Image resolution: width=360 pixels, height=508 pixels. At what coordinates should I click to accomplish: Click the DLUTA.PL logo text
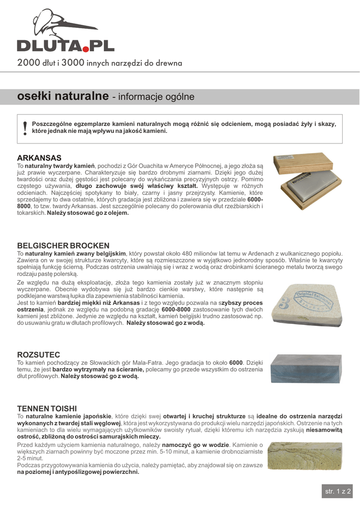(66, 46)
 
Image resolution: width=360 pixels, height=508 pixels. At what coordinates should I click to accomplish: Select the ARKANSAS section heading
(39, 158)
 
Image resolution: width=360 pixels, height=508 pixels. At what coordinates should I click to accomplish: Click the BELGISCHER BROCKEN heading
(63, 246)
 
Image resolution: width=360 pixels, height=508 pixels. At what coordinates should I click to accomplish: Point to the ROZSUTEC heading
(39, 355)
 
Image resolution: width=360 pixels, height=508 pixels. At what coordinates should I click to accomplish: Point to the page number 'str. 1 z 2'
(338, 491)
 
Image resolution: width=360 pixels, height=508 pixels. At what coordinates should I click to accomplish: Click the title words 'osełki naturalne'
(63, 96)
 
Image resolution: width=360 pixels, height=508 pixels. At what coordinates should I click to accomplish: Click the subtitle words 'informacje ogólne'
(156, 97)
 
